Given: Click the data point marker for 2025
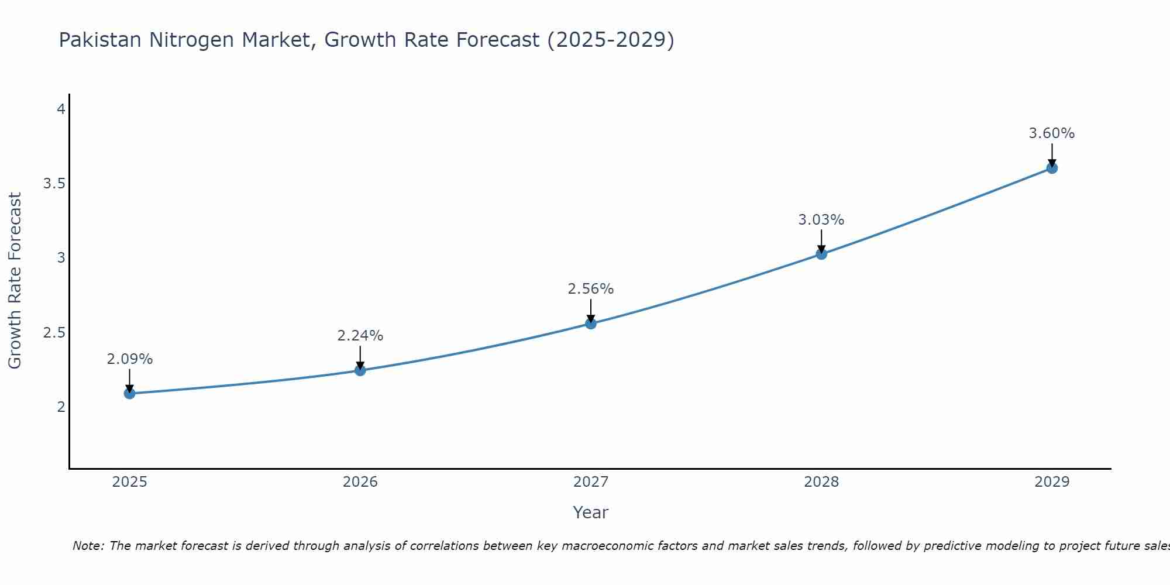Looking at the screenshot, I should click(x=130, y=393).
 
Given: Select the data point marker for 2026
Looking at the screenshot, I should click(x=360, y=370).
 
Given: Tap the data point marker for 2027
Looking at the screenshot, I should click(x=591, y=324).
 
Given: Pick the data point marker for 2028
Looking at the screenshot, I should click(x=821, y=254).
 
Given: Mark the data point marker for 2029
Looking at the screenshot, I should click(x=1052, y=168).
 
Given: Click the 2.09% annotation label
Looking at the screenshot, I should click(x=130, y=359).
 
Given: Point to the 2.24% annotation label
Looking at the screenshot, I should click(x=360, y=336).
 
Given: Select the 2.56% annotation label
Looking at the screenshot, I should click(x=591, y=289).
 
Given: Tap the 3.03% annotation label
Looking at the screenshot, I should click(x=821, y=220).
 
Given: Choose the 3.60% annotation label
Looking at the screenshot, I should click(x=1052, y=133).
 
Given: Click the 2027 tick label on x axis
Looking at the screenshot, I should click(x=591, y=482).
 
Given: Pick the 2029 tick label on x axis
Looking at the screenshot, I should click(x=1052, y=482).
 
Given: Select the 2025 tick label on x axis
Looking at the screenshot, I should click(x=130, y=482).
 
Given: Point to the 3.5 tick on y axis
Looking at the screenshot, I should click(x=54, y=184).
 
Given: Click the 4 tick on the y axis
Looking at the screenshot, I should click(x=61, y=109).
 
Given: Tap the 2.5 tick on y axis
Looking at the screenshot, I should click(x=54, y=333).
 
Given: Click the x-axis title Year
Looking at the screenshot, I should click(x=591, y=512).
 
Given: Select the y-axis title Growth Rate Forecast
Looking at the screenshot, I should click(x=15, y=281).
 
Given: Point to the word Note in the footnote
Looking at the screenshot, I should click(x=88, y=546).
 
